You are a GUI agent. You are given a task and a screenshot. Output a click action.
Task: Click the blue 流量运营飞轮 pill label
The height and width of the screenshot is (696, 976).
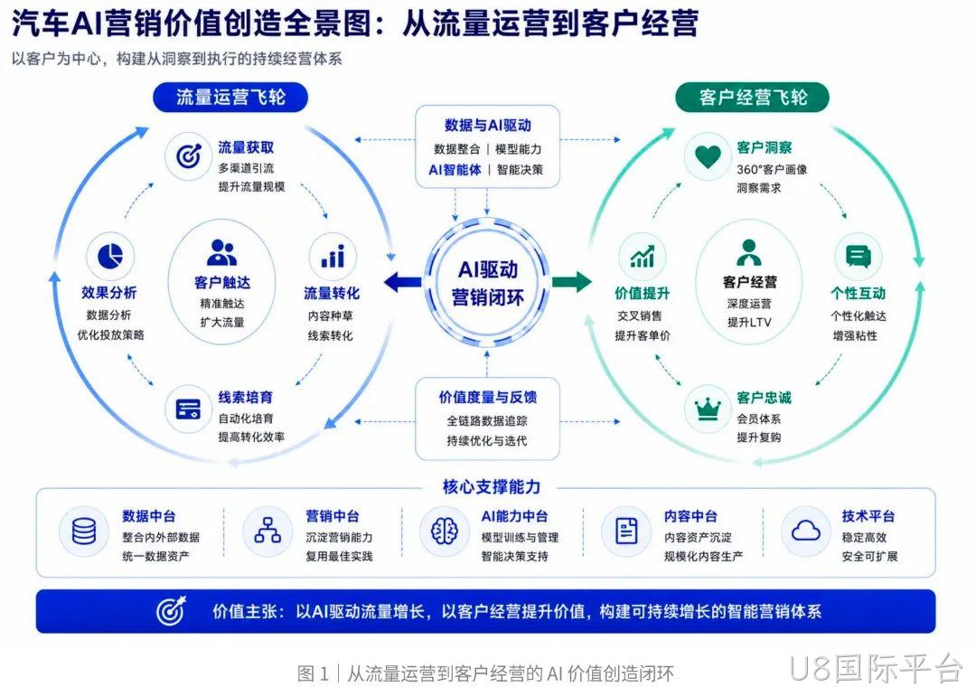click(230, 97)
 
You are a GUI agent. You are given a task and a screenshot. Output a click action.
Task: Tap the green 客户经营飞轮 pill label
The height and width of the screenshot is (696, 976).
click(752, 97)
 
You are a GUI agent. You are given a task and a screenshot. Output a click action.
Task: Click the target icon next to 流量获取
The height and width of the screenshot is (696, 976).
click(189, 156)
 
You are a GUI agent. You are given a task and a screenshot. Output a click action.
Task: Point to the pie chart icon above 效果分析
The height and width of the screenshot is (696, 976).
click(110, 256)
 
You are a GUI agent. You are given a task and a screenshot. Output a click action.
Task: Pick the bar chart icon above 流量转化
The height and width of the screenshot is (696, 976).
click(333, 256)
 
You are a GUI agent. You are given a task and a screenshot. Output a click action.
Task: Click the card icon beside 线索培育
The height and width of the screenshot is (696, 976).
click(189, 409)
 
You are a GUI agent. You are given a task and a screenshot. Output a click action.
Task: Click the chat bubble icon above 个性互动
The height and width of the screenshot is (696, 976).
click(859, 256)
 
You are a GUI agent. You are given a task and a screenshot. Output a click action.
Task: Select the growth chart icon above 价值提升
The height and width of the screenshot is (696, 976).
click(642, 256)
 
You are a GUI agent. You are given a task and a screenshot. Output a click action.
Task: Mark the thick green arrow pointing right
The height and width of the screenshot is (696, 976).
click(571, 282)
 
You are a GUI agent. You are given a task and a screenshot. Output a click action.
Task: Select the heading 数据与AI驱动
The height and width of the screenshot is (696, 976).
click(488, 125)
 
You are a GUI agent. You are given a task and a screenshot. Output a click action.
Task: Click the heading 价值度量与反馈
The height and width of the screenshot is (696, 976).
click(488, 397)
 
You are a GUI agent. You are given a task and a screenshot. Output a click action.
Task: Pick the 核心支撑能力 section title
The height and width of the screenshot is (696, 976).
click(491, 487)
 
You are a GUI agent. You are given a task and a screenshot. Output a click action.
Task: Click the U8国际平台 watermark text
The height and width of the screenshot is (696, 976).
click(876, 669)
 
